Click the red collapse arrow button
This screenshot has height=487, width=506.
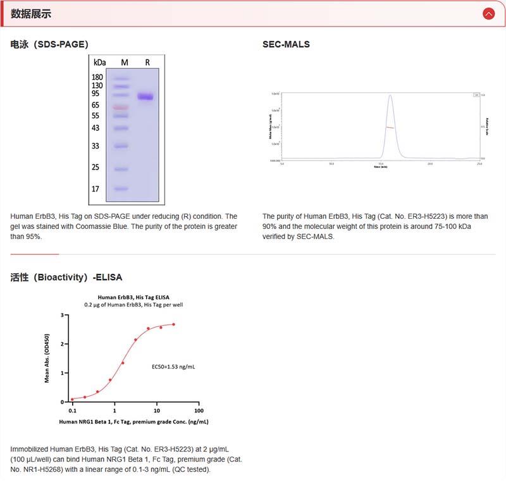click(x=488, y=13)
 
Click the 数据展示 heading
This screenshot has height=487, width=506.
click(x=31, y=13)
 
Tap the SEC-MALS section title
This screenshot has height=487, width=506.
click(x=286, y=44)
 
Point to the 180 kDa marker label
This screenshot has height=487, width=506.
click(x=97, y=77)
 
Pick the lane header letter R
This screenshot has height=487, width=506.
click(x=147, y=62)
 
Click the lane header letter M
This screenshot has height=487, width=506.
click(x=125, y=62)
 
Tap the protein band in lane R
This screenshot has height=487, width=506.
click(x=146, y=97)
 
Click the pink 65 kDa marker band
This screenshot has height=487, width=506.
click(x=121, y=108)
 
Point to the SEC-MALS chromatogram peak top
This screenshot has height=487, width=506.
click(x=390, y=96)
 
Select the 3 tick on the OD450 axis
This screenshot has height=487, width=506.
click(x=62, y=315)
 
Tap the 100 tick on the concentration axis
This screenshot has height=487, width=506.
click(x=198, y=410)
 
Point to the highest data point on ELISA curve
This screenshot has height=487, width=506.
click(x=173, y=324)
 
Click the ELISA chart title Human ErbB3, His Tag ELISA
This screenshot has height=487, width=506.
click(x=133, y=297)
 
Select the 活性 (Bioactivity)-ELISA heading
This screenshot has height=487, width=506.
click(x=66, y=277)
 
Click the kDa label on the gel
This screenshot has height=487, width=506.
click(x=100, y=62)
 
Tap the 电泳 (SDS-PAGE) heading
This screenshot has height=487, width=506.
click(x=49, y=44)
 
